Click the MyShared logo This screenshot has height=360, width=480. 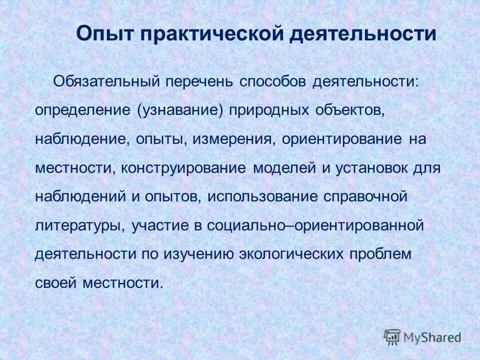tap(422, 336)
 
